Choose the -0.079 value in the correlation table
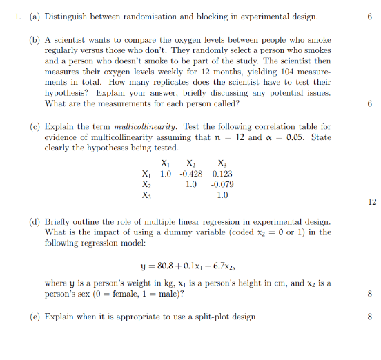[222, 184]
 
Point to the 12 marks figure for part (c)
[372, 202]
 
